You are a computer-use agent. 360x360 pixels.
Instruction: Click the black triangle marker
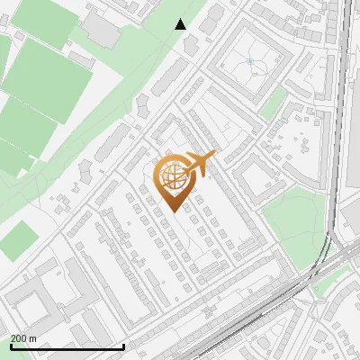click(x=181, y=24)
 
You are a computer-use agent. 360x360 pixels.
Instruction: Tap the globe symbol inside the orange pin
click(x=171, y=174)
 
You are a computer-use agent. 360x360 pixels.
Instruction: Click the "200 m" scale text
click(x=23, y=338)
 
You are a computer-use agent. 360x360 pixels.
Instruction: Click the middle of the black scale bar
click(x=67, y=346)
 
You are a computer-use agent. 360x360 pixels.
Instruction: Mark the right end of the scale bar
click(x=123, y=346)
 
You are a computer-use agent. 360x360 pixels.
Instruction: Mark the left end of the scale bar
click(x=10, y=346)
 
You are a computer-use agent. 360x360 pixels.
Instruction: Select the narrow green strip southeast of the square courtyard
click(x=274, y=101)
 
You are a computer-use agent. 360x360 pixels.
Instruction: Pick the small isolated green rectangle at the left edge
click(x=16, y=241)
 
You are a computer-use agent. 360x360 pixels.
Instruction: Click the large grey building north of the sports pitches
click(x=101, y=31)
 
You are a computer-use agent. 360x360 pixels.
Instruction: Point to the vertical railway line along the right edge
click(x=343, y=108)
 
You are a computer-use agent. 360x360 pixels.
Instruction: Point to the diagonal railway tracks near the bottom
click(x=261, y=306)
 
